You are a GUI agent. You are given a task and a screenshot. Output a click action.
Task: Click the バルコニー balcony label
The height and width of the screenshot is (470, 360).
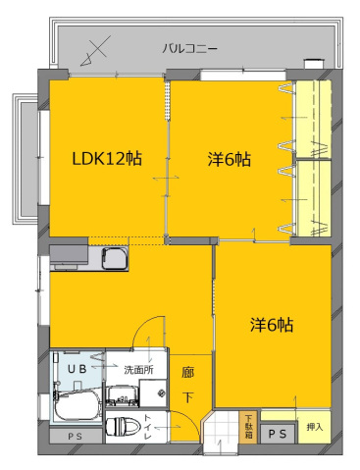tap(189, 49)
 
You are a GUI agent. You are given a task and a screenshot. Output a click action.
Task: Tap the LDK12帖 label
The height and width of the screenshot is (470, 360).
tap(107, 159)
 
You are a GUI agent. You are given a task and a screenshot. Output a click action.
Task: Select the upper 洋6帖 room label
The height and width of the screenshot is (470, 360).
tap(230, 159)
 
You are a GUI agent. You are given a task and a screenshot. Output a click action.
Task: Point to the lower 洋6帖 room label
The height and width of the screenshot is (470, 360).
tap(272, 325)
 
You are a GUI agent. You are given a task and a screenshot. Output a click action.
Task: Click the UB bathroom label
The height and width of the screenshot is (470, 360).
tap(77, 369)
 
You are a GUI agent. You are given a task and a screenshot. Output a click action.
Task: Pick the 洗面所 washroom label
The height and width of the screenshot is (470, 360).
tap(138, 370)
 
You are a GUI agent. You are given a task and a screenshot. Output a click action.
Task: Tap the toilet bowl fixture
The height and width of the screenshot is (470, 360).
tap(123, 427)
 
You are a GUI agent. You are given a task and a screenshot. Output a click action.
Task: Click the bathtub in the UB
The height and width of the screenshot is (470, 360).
tap(77, 405)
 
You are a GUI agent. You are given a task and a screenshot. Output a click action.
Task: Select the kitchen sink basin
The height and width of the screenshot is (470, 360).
tap(115, 258)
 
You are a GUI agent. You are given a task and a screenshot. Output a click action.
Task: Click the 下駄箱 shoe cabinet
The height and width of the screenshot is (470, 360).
tap(249, 427)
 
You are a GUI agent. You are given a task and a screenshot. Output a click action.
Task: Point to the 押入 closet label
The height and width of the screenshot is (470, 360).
tap(315, 427)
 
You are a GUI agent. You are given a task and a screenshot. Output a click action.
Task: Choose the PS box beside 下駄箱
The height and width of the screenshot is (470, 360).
tap(278, 434)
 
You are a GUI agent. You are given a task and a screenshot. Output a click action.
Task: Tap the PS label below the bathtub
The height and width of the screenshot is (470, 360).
tap(76, 437)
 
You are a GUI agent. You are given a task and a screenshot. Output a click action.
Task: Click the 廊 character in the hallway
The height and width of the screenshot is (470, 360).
tap(187, 373)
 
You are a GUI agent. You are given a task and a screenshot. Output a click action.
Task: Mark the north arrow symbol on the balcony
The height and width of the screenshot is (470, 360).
tap(95, 51)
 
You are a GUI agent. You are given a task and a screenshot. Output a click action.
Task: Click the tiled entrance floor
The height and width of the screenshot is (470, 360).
tap(221, 431)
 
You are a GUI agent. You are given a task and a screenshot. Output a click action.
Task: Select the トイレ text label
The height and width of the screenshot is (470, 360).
tap(148, 427)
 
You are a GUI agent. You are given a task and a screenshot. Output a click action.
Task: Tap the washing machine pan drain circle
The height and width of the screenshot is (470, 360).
tap(161, 392)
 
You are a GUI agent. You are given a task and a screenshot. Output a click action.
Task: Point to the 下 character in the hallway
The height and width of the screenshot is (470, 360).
tap(187, 397)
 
